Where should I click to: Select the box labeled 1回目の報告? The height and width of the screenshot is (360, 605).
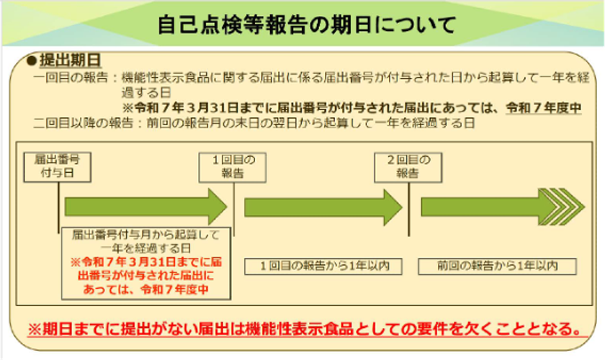pyautogui.click(x=228, y=166)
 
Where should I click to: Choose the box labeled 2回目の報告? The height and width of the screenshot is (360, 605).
pyautogui.click(x=403, y=166)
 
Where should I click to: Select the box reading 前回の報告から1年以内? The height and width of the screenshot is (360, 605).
pyautogui.click(x=497, y=266)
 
